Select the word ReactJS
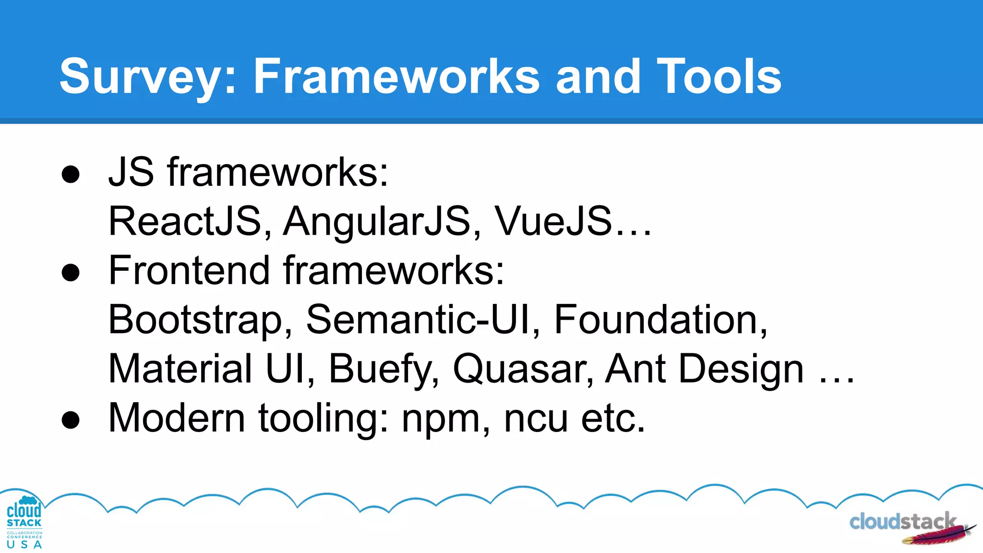(x=185, y=221)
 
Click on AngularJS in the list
(x=377, y=221)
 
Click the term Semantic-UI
(x=418, y=320)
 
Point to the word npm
(x=441, y=419)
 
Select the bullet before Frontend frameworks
(x=71, y=273)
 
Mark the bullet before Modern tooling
(x=71, y=420)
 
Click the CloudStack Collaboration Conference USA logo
(x=24, y=522)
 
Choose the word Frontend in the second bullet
(x=189, y=270)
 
